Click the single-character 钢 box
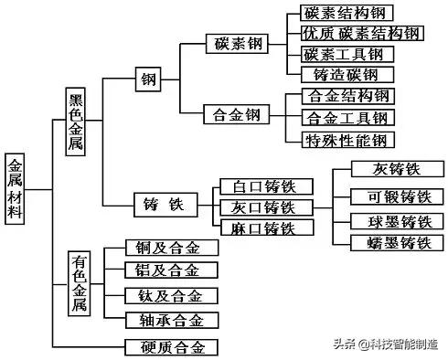(146, 79)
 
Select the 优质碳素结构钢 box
(360, 34)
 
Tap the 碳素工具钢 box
(347, 54)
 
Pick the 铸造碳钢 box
(346, 75)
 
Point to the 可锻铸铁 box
(387, 197)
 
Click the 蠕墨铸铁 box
(387, 243)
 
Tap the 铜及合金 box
(172, 249)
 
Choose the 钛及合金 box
(172, 296)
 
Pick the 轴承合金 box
(172, 319)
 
